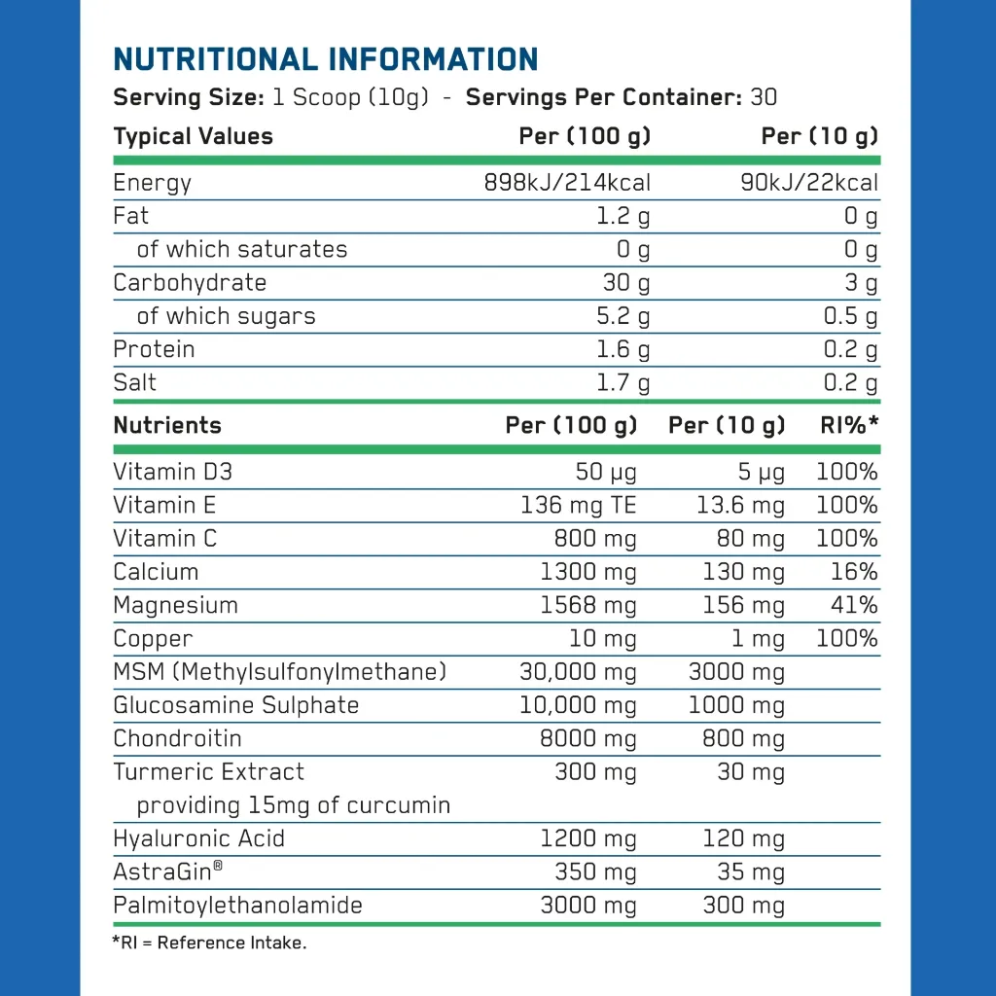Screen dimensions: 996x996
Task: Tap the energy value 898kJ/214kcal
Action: coord(567,183)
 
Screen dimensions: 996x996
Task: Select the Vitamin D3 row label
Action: coord(172,473)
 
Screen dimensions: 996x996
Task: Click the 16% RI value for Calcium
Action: coord(854,572)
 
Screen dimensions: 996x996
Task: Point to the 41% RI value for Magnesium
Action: coord(854,605)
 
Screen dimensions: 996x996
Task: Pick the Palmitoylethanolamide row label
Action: coord(237,906)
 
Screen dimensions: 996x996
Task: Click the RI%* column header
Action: coord(848,426)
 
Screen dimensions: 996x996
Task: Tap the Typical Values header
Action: coord(193,136)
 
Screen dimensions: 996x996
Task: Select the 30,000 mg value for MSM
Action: coord(578,672)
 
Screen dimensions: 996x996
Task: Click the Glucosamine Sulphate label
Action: coord(235,705)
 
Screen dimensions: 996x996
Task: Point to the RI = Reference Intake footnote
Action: coord(209,943)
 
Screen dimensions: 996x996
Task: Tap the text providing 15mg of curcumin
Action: coord(293,805)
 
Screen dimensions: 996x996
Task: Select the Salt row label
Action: coord(134,382)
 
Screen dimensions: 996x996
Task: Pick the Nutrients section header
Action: coord(166,426)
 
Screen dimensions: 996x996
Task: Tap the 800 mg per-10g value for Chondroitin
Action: coord(742,739)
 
